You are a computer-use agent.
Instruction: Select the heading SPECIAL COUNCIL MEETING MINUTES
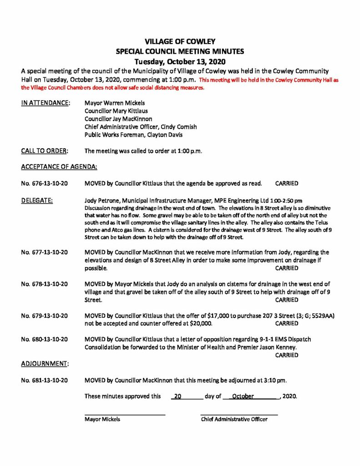tap(180, 51)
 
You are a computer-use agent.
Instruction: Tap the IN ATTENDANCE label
tap(46, 103)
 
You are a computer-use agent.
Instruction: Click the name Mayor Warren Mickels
tap(115, 103)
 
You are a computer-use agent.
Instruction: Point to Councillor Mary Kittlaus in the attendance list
tap(116, 111)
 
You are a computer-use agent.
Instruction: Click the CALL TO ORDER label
tap(45, 151)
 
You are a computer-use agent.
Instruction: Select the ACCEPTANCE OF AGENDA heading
tap(59, 167)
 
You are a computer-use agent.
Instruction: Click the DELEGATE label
tap(37, 200)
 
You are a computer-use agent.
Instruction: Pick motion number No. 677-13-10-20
tap(45, 252)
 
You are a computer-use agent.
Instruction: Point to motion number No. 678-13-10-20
tap(45, 284)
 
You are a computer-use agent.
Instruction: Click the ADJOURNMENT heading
tap(45, 363)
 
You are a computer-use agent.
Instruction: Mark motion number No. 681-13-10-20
tap(45, 380)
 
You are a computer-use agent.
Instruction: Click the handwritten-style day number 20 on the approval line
tap(178, 396)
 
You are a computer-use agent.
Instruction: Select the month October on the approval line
tap(243, 396)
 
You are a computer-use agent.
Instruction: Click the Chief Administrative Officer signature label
tap(234, 419)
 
